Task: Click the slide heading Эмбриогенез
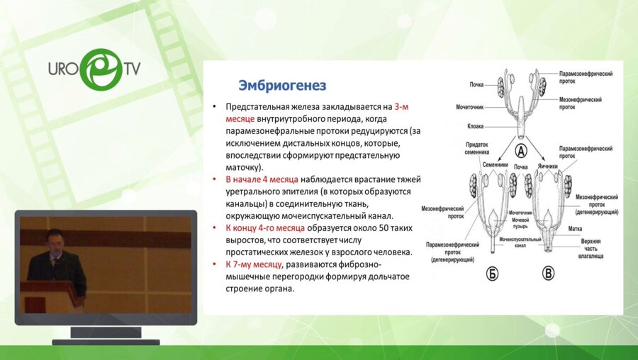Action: (282, 86)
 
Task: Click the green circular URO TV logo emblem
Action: (101, 69)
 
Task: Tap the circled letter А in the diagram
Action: (521, 152)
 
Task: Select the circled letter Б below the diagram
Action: (492, 274)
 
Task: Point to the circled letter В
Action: (548, 274)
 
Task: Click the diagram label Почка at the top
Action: (476, 84)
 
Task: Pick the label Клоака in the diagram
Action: (475, 127)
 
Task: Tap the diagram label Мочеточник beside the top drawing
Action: (469, 108)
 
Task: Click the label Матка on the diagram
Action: (575, 229)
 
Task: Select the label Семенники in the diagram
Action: (496, 165)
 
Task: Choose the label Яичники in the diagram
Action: (547, 167)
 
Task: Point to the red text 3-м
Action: (401, 107)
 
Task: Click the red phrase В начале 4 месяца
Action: (262, 179)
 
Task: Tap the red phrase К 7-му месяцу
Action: (254, 264)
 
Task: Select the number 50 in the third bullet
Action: (384, 227)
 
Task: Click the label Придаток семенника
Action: (476, 149)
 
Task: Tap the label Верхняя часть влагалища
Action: (591, 249)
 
